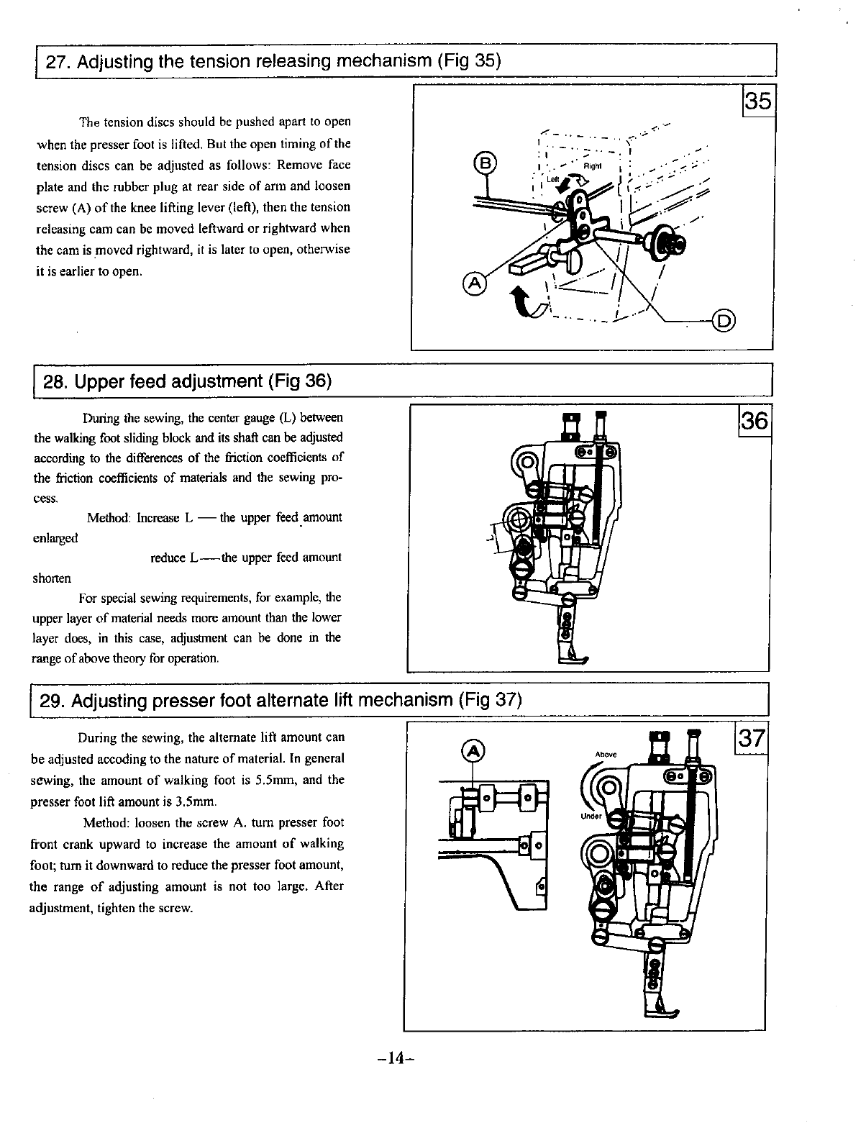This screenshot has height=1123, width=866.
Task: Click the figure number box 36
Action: point(755,420)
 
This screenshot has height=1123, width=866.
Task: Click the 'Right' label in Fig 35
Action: point(592,165)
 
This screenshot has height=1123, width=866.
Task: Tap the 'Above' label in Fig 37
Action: point(606,754)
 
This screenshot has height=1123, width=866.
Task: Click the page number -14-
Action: point(396,1058)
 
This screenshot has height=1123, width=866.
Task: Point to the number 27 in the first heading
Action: point(56,61)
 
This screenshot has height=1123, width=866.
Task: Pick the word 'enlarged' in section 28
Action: point(56,537)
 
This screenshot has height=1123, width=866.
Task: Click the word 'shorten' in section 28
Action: point(52,578)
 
